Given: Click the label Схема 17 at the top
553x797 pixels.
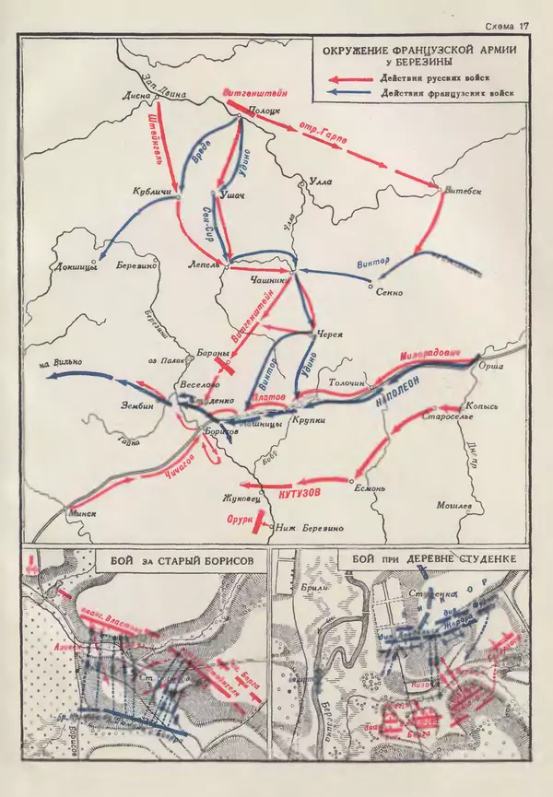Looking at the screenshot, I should (506, 27).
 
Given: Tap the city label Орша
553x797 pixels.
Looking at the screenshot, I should (492, 368).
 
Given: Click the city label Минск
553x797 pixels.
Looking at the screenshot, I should (83, 510).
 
